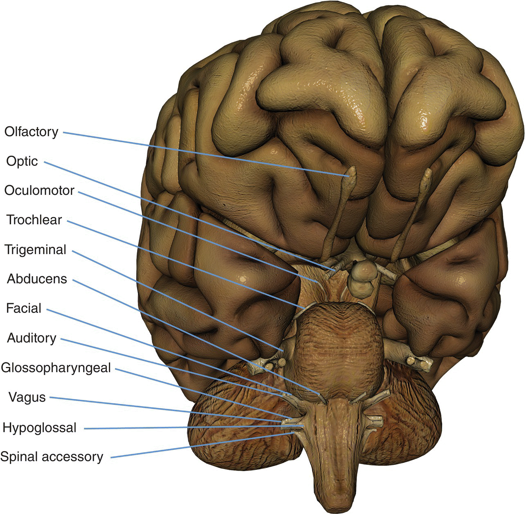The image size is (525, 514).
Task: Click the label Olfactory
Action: tap(32, 132)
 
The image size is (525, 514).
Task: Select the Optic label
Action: tap(22, 161)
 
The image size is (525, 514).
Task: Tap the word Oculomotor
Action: tap(39, 190)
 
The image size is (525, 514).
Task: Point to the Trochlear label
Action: tap(34, 220)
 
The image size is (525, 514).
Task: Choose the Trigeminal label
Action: tap(35, 250)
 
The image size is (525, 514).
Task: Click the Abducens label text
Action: tap(37, 279)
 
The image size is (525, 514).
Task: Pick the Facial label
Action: tap(24, 308)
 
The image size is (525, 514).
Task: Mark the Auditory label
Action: tap(32, 338)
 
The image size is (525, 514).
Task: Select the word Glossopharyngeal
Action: tap(56, 368)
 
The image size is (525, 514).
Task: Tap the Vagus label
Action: tap(27, 397)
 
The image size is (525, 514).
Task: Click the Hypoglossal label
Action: tap(39, 428)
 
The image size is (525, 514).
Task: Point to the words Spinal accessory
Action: tap(52, 457)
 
